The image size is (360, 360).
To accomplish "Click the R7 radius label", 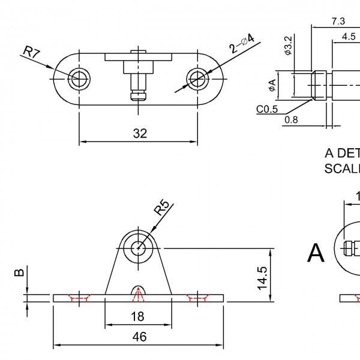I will point(31,54).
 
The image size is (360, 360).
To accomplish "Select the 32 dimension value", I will point(139,133).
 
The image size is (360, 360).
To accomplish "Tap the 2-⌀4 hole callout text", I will point(241,46).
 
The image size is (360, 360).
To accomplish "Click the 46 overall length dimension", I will point(139,337).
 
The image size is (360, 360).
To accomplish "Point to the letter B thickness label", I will point(20,273).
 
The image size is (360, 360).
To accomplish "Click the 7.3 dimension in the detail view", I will point(338,21).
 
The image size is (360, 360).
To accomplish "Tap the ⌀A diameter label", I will point(273,86).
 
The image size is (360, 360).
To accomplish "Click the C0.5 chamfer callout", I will point(266,109).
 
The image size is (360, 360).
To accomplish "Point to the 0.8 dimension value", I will point(291,119).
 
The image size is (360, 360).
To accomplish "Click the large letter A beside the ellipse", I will point(316,253).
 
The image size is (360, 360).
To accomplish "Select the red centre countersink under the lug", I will point(139,293).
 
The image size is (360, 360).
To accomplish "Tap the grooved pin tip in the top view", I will point(139,95).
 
